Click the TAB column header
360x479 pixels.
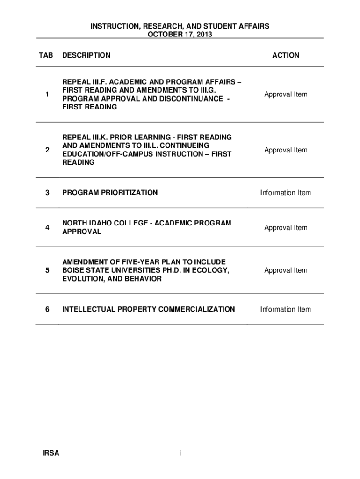[x=46, y=55]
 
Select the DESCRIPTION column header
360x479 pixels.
[x=86, y=55]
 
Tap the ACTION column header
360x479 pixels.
[x=286, y=55]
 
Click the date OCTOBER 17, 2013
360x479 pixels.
[x=180, y=35]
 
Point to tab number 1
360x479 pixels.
[x=47, y=94]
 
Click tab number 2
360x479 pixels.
[x=47, y=150]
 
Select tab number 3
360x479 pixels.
[x=47, y=193]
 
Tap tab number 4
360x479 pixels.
[x=47, y=228]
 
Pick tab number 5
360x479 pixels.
[x=47, y=270]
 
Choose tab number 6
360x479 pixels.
[x=47, y=309]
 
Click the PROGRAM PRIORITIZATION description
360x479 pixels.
[x=110, y=193]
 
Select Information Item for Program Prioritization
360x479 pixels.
[x=286, y=193]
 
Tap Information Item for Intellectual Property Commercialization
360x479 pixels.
[x=286, y=309]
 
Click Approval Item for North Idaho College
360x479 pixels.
[x=286, y=228]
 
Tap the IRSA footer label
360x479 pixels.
[x=50, y=453]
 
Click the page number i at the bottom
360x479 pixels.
[x=180, y=453]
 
